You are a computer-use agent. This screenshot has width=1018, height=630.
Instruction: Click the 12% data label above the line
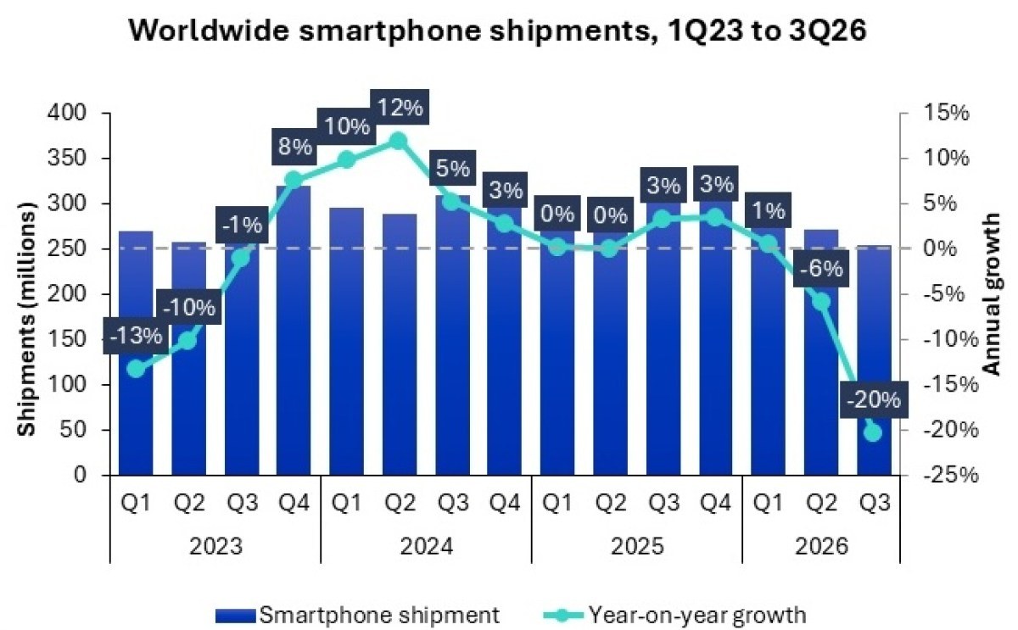pos(400,108)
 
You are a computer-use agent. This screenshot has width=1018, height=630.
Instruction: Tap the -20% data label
pos(873,400)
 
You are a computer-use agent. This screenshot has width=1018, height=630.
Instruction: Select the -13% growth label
pos(136,336)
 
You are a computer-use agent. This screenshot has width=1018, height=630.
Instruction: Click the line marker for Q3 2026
pos(873,432)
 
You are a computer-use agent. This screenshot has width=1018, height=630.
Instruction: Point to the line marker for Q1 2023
pos(136,369)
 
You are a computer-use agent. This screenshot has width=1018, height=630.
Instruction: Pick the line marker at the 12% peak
pos(399,142)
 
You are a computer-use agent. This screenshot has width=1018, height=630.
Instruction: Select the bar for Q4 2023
pos(294,331)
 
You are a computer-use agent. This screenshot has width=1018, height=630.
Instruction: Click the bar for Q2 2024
pos(400,345)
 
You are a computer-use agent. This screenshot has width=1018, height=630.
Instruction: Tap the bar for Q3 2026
pos(875,360)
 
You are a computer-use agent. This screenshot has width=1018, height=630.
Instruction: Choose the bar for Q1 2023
pos(136,354)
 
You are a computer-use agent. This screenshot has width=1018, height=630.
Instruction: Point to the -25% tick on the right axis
pos(950,475)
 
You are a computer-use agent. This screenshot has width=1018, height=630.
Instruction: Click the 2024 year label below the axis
pos(426,546)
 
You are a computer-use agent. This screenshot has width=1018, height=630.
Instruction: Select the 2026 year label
pos(821,546)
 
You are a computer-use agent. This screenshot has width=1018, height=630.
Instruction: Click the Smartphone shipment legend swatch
pos(236,616)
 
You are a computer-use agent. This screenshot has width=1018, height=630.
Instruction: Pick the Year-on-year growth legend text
pos(697,616)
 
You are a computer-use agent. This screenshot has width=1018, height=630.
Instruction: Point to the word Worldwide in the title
pos(210,31)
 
